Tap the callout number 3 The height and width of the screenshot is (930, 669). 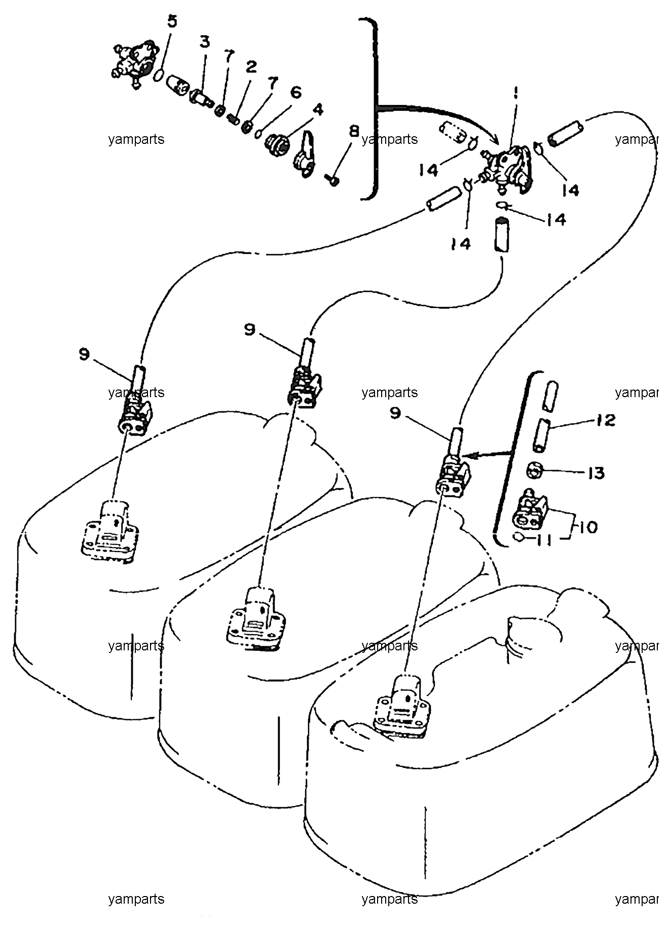(x=204, y=42)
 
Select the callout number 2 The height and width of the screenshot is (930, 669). (x=251, y=67)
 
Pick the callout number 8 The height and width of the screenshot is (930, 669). (x=353, y=131)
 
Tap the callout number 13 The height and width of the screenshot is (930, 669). (x=596, y=473)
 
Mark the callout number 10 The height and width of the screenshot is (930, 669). (x=587, y=527)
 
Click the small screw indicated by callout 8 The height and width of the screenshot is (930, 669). (x=332, y=179)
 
